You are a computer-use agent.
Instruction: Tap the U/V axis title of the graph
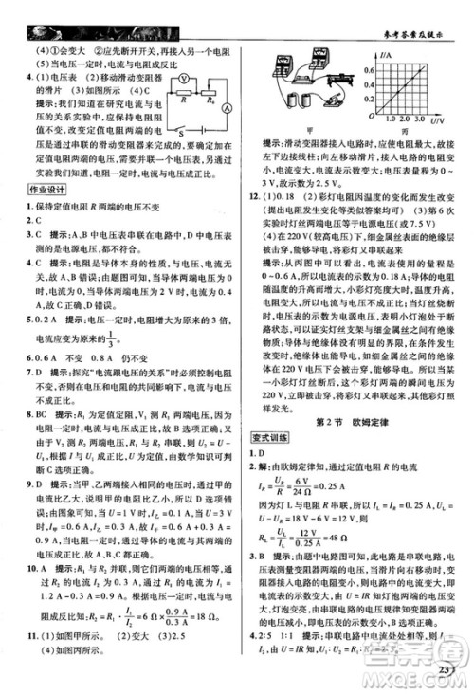440,122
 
